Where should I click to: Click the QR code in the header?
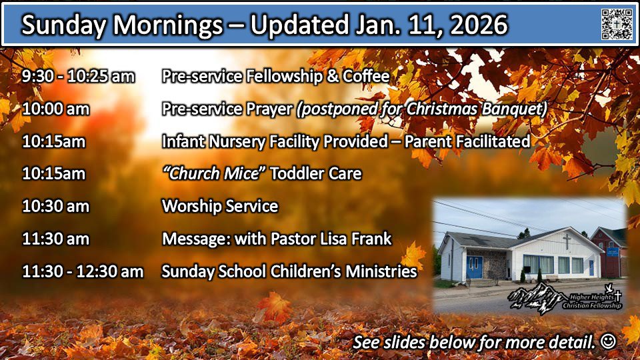[617, 24]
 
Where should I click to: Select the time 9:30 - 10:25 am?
[79, 76]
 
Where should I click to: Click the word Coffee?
[366, 76]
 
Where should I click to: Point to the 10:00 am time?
[55, 109]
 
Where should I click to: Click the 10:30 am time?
[55, 206]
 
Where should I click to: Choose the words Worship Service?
[220, 206]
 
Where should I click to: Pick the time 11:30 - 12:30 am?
[83, 271]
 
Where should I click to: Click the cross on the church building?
[567, 241]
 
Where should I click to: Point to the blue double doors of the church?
[474, 267]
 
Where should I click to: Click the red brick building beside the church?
[608, 252]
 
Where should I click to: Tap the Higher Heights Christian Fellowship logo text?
[592, 301]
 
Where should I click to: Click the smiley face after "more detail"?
[608, 341]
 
